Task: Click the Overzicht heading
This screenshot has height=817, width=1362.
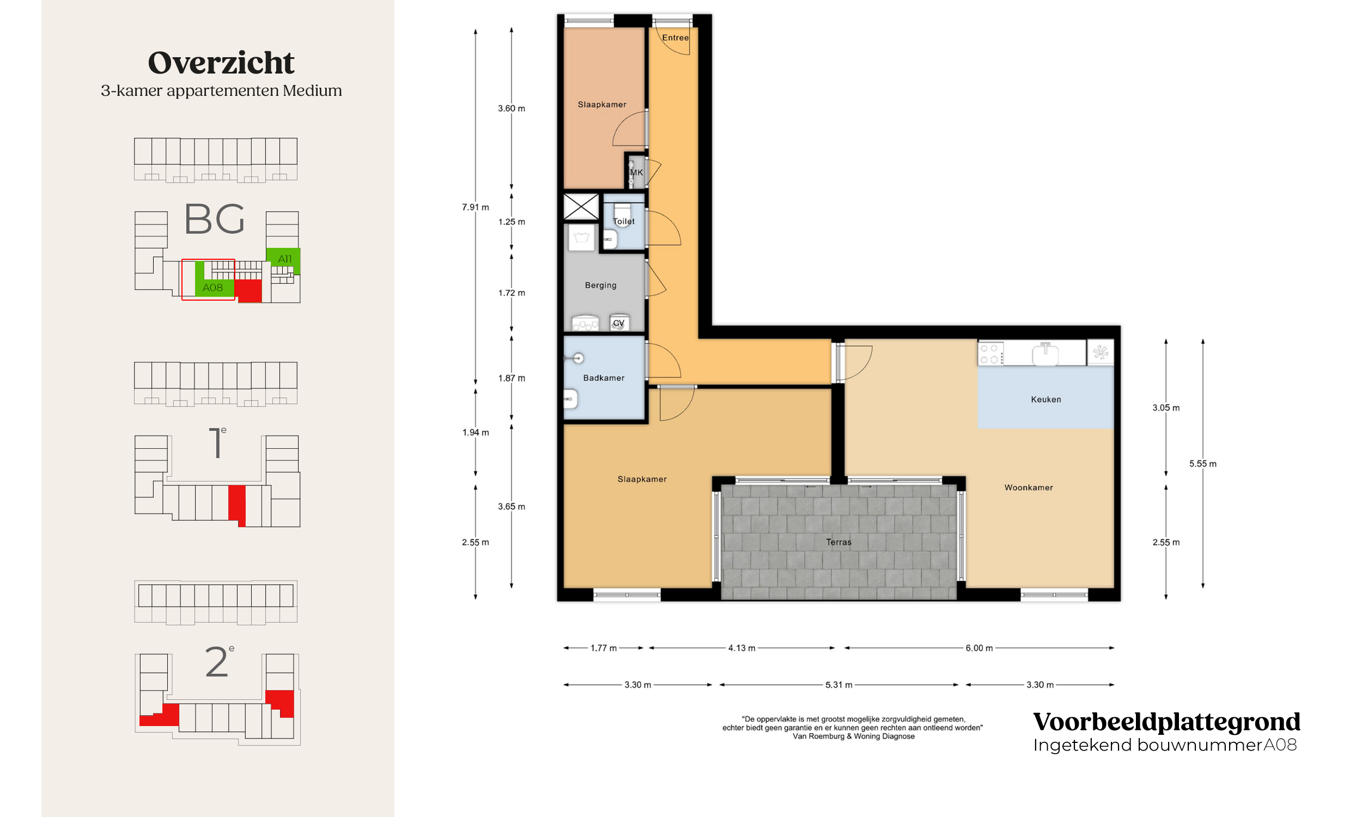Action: point(221,63)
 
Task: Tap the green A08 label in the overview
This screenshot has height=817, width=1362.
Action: point(212,288)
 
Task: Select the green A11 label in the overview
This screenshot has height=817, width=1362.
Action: point(284,259)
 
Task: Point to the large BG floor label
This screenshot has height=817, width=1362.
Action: point(214,219)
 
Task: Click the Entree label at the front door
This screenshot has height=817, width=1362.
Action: point(675,38)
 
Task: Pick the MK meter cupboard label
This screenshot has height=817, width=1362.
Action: point(636,172)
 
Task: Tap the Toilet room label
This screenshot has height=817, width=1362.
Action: point(624,221)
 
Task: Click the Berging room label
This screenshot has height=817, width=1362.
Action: point(600,285)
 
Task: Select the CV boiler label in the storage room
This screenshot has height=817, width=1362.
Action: point(619,323)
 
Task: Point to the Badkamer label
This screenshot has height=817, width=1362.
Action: point(604,377)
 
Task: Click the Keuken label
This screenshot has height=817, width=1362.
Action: point(1046,399)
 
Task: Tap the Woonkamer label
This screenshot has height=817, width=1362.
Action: point(1029,487)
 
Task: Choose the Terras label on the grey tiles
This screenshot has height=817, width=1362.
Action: point(838,542)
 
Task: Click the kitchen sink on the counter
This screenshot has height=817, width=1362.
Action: point(1045,353)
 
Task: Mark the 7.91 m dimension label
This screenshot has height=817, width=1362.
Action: point(475,207)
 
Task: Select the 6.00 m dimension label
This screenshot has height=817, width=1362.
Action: point(979,648)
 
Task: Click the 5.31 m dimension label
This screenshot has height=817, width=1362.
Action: point(838,685)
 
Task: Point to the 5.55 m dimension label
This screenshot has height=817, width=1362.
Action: point(1202,464)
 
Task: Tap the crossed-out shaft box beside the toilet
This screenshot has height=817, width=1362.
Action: point(581,206)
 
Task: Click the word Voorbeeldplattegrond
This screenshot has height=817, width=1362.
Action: point(1166,722)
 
